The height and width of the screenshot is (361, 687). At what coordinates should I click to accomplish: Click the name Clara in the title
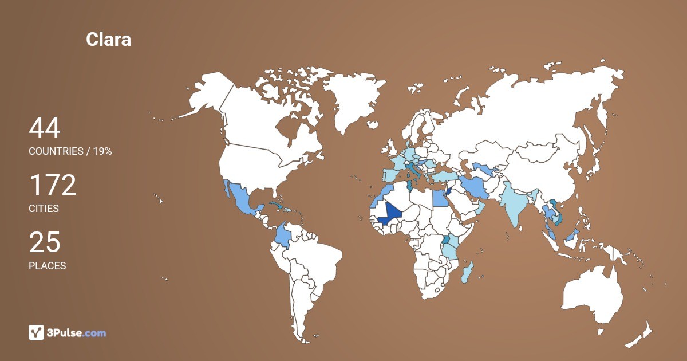pyautogui.click(x=108, y=39)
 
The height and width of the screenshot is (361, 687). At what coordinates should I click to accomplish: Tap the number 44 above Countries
pyautogui.click(x=45, y=128)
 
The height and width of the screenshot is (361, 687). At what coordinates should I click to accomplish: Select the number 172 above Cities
pyautogui.click(x=53, y=185)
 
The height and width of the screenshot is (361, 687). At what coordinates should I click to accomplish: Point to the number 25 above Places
pyautogui.click(x=45, y=242)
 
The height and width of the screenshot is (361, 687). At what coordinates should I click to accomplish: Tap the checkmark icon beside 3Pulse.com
pyautogui.click(x=36, y=332)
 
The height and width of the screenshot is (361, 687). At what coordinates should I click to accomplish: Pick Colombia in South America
pyautogui.click(x=282, y=236)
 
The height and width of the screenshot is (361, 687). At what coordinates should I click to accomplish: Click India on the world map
pyautogui.click(x=515, y=206)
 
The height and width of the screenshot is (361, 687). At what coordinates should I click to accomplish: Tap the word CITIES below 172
pyautogui.click(x=44, y=209)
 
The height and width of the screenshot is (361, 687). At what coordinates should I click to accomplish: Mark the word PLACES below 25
pyautogui.click(x=48, y=266)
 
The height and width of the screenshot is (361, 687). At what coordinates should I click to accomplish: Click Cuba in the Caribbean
pyautogui.click(x=277, y=205)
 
